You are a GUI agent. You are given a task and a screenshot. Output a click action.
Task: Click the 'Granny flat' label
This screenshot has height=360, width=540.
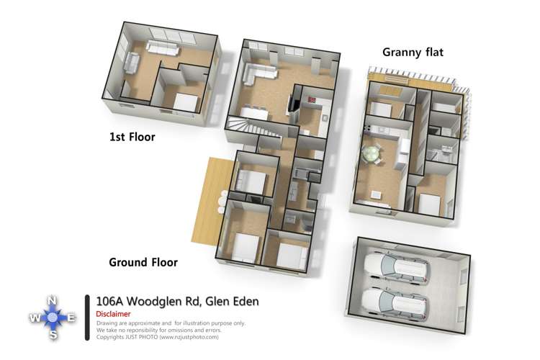[413, 52]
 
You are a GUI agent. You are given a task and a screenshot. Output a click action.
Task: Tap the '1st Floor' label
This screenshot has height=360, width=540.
[132, 136]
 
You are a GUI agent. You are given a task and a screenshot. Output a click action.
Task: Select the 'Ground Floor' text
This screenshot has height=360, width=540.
[143, 262]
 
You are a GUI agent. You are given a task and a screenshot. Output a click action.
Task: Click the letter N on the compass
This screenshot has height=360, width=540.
[52, 300]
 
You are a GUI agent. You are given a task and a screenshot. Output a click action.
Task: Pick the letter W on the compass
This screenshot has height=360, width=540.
[35, 318]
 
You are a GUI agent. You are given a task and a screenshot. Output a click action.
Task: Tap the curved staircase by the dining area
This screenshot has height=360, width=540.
[245, 130]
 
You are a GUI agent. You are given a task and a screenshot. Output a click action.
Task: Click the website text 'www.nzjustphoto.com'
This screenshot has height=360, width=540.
[188, 336]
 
